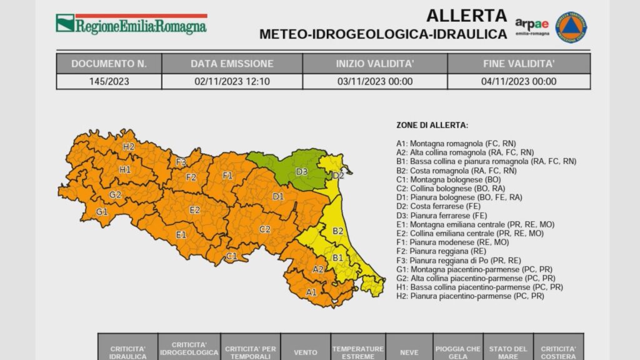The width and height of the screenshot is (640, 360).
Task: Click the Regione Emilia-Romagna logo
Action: pos(131,24)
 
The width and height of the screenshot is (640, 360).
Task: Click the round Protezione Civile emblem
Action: pos(571,27)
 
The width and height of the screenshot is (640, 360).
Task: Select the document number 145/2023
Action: pos(109,81)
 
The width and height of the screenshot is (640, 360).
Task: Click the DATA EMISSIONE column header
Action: pos(232,64)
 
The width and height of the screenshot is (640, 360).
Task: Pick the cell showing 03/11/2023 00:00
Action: pos(374,81)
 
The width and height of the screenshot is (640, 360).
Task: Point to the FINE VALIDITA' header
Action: pos(519,64)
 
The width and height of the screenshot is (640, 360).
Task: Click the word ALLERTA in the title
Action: pos(466,15)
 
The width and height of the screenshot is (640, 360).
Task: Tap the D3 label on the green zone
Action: pos(301,171)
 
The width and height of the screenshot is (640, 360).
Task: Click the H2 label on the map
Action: pos(129,147)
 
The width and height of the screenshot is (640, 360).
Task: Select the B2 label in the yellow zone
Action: pos(337,231)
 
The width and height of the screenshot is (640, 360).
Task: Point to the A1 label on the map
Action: pos(311,292)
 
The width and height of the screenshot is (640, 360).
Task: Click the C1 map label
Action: pos(231,256)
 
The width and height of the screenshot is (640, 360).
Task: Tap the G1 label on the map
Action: pos(102,212)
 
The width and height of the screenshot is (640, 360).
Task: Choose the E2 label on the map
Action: pos(195,210)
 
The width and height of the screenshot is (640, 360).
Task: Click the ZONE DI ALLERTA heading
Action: pos(432,125)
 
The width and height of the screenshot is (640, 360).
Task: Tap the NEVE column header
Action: pos(409,352)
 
